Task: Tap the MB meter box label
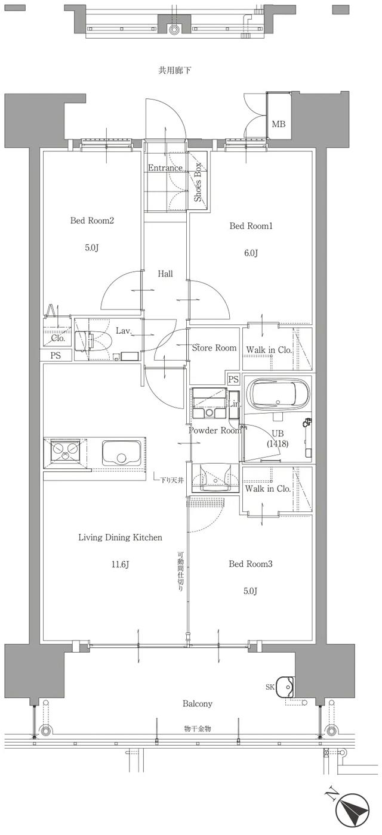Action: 278,125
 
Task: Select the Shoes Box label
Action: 198,182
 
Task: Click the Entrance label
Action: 165,168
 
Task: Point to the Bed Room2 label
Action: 92,221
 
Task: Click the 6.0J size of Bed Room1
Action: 251,253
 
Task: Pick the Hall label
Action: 165,274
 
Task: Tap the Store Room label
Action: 214,347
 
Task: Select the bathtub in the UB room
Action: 279,394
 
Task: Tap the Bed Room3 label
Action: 251,563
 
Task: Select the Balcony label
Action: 198,704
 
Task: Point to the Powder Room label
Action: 215,430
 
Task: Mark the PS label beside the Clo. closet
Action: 56,356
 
